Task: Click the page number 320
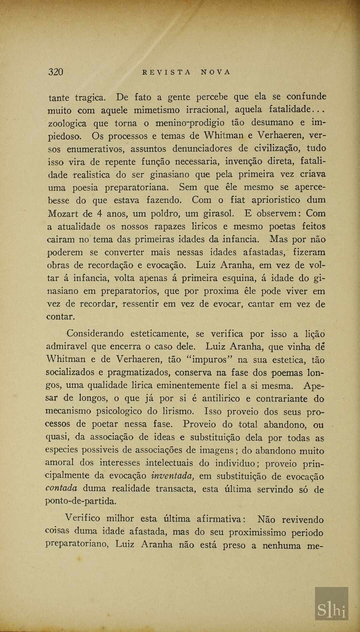coord(56,72)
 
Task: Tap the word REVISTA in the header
coord(167,72)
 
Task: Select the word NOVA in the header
coord(216,72)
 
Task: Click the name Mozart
coord(63,213)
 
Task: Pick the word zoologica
coord(67,123)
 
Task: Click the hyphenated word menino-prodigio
coord(190,123)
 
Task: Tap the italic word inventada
coord(173,476)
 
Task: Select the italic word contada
coord(61,489)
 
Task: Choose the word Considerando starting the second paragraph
coord(95,334)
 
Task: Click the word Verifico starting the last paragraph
coord(82,518)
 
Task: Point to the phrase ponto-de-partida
coord(81,501)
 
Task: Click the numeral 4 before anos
coord(100,213)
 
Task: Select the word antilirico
coord(221,398)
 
